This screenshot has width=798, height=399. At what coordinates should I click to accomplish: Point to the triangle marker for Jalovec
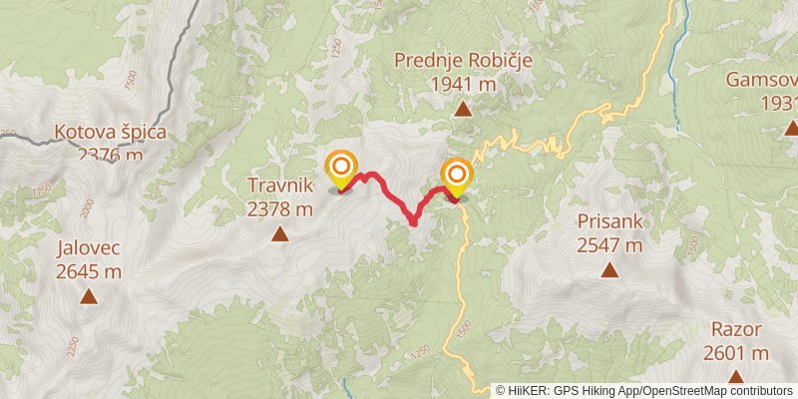pyautogui.click(x=89, y=296)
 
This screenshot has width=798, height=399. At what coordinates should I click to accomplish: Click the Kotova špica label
pyautogui.click(x=110, y=131)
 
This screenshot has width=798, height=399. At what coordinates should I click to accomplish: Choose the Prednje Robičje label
pyautogui.click(x=463, y=60)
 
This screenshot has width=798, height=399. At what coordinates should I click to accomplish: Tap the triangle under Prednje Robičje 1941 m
pyautogui.click(x=463, y=110)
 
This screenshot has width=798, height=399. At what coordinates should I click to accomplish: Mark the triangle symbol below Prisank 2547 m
pyautogui.click(x=608, y=269)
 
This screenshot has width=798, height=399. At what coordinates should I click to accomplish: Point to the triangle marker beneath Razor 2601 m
pyautogui.click(x=736, y=377)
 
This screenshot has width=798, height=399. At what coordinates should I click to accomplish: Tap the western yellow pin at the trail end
pyautogui.click(x=341, y=168)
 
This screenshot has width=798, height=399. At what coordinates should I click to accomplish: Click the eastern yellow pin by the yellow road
pyautogui.click(x=457, y=178)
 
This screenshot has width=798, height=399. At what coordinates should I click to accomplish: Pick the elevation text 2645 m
pyautogui.click(x=89, y=270)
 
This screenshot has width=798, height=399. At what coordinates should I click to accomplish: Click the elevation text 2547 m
pyautogui.click(x=608, y=244)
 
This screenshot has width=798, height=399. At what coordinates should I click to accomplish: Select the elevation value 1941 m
pyautogui.click(x=463, y=85)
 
